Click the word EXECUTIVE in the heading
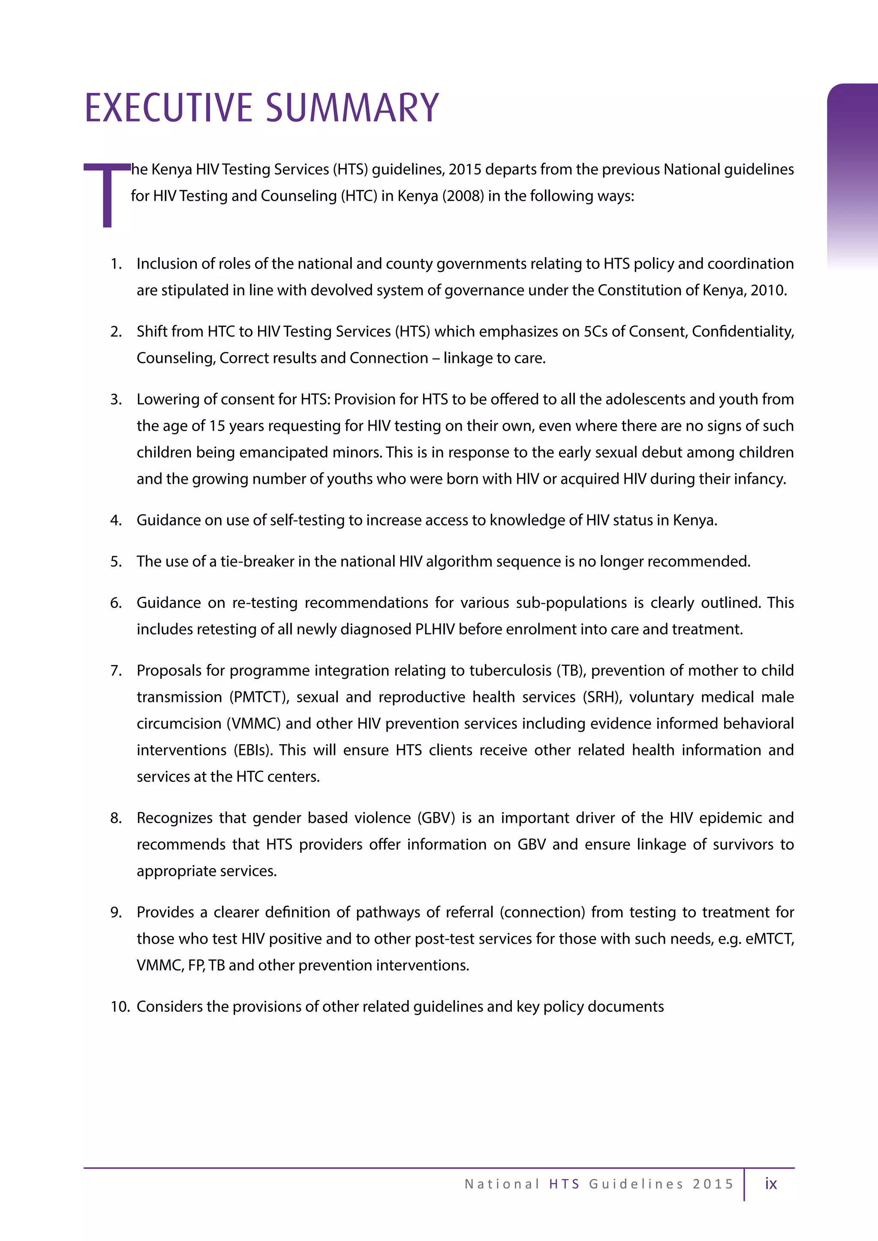pyautogui.click(x=168, y=108)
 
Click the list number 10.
pyautogui.click(x=120, y=1007)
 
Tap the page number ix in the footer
pyautogui.click(x=770, y=1184)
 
